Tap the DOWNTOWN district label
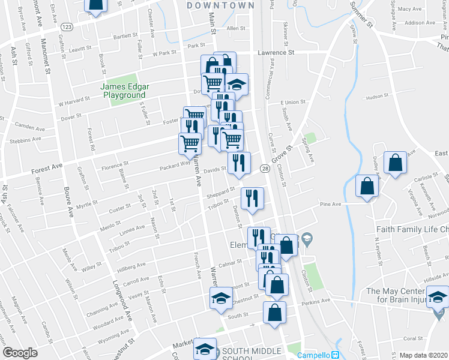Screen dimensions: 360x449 click(x=220, y=5)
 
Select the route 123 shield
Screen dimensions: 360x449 click(x=67, y=27)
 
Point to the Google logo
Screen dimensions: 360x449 click(x=20, y=353)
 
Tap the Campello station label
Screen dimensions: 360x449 click(x=314, y=355)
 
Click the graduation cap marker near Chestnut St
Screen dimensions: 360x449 click(x=221, y=297)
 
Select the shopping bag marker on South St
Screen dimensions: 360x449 click(x=274, y=312)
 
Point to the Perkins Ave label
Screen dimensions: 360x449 click(x=318, y=301)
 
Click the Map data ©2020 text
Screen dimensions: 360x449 click(x=424, y=355)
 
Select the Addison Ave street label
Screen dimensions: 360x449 click(x=420, y=23)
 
